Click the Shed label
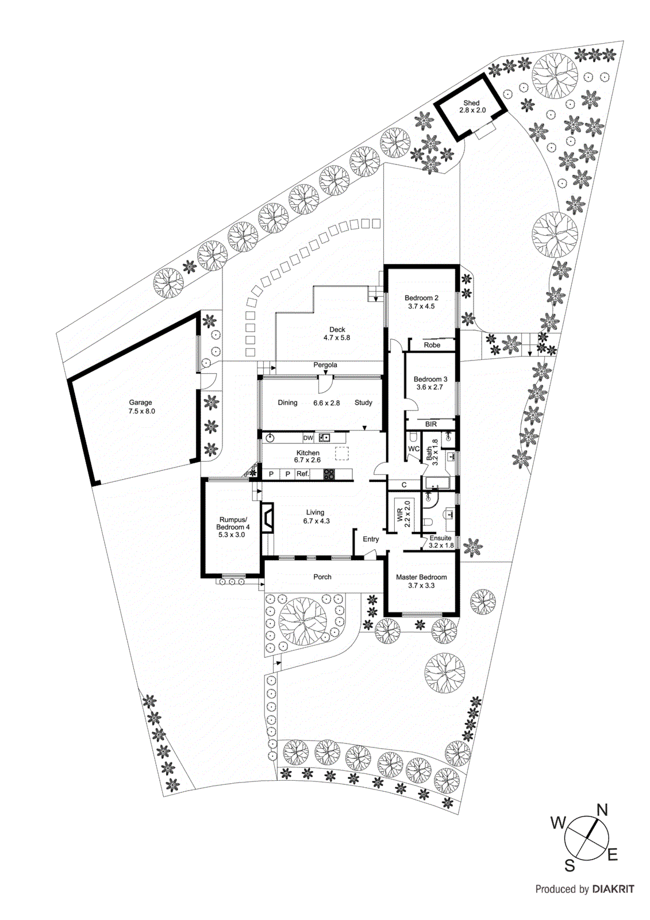click(x=471, y=103)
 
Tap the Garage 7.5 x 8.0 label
click(x=141, y=407)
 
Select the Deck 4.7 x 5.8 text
click(x=337, y=334)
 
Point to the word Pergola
click(x=325, y=365)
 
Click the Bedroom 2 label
click(x=421, y=298)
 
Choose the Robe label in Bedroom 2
click(x=432, y=345)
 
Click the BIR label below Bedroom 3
click(x=431, y=424)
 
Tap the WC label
click(x=414, y=449)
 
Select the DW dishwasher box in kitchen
click(x=308, y=438)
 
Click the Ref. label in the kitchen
click(x=302, y=474)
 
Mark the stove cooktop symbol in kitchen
click(x=329, y=474)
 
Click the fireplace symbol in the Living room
click(x=267, y=518)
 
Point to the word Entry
click(x=371, y=539)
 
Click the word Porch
click(x=322, y=577)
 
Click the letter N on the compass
click(x=602, y=811)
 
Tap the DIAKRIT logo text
click(x=613, y=889)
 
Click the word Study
click(x=363, y=403)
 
